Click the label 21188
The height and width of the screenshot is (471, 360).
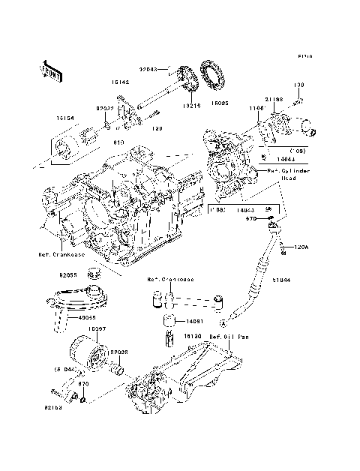(274, 98)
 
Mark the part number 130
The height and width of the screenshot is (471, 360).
(298, 85)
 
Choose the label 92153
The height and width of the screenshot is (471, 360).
(52, 409)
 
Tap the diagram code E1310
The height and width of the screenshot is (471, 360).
(304, 56)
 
